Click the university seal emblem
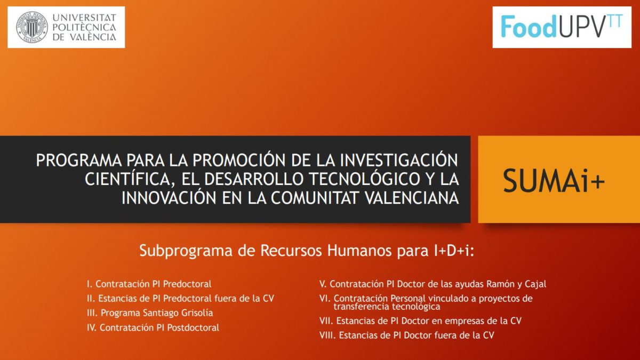31,27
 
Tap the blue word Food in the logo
529,27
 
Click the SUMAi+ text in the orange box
554,181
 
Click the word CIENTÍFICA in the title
127,179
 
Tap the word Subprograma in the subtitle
186,251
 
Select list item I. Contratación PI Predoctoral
149,284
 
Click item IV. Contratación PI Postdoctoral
153,327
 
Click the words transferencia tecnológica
387,307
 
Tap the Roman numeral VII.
326,321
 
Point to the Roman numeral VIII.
327,335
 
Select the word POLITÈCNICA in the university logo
84,27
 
